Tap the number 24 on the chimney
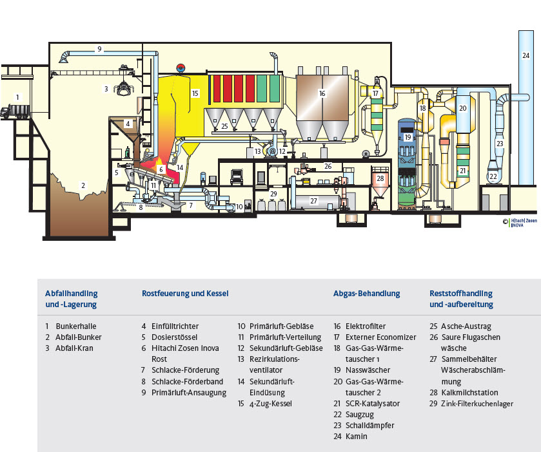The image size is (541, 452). coord(526,56)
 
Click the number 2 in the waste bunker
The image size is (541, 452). coord(83,185)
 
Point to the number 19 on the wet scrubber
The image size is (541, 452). coord(408,137)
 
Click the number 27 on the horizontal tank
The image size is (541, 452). coord(314,201)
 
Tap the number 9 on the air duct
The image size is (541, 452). coord(99,49)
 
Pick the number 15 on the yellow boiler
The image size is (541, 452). coord(195,93)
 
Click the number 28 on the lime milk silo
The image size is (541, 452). coord(380,178)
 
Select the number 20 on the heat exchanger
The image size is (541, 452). coord(462,108)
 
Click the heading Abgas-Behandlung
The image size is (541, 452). coord(366,294)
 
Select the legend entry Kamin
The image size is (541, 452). coord(356,436)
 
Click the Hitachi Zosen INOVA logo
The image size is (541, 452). coord(522,222)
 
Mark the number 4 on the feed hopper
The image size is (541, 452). coord(128,122)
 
